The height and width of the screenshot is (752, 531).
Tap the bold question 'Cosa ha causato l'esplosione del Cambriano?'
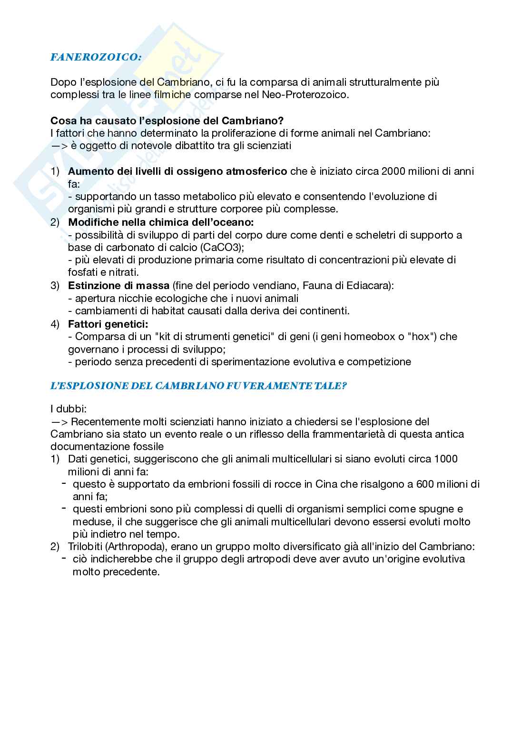click(x=167, y=120)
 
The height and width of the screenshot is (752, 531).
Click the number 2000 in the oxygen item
click(x=394, y=171)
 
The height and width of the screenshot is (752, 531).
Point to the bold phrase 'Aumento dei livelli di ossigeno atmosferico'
click(x=177, y=171)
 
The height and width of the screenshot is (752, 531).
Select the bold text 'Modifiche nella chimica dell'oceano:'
click(x=161, y=222)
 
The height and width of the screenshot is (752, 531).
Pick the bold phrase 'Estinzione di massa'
click(x=118, y=286)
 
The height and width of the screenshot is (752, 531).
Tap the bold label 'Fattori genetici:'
click(x=108, y=324)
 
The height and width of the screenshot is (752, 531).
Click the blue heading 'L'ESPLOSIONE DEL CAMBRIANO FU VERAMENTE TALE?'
click(x=198, y=386)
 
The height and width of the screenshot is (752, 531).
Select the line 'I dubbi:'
click(x=69, y=409)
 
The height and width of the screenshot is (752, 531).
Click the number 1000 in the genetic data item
click(x=446, y=459)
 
